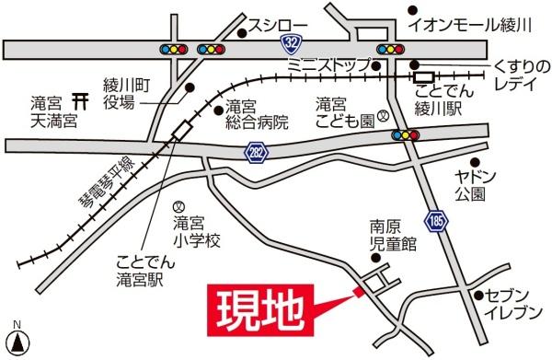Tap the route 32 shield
click(x=292, y=43)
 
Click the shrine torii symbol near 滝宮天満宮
click(x=80, y=96)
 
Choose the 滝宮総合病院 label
click(x=256, y=113)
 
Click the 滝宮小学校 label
click(x=197, y=231)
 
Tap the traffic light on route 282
click(x=405, y=135)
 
